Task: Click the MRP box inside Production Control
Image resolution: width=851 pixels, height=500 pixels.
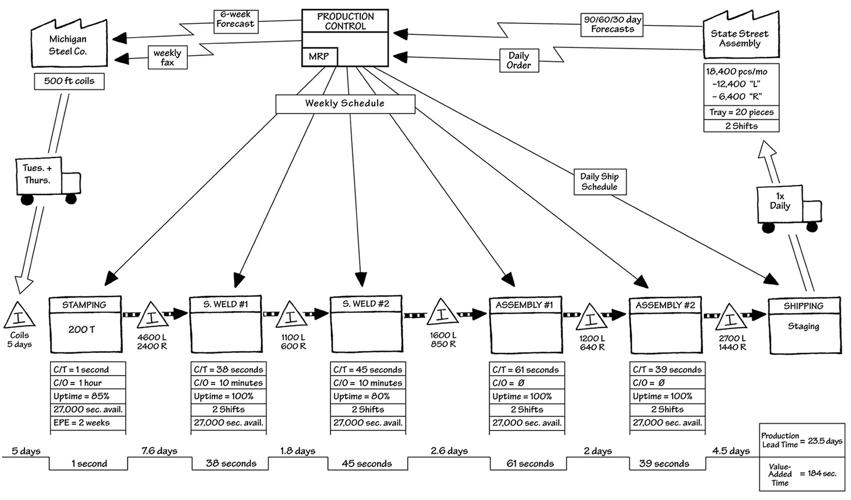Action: [319, 56]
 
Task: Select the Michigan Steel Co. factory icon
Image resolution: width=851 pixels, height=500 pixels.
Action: [68, 45]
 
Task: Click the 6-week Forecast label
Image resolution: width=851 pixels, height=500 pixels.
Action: [235, 19]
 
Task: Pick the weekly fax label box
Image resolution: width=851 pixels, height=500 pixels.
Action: [167, 57]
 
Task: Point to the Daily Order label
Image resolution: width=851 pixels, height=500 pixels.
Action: [519, 60]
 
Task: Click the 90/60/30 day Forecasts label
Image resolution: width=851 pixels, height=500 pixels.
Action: [612, 24]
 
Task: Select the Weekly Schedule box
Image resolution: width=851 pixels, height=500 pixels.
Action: [345, 103]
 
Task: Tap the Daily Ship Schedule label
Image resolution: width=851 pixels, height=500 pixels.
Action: [599, 182]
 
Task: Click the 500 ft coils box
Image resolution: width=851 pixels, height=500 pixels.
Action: [69, 81]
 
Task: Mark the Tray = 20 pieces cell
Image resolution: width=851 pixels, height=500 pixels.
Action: [741, 112]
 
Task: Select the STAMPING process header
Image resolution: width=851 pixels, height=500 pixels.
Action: [84, 304]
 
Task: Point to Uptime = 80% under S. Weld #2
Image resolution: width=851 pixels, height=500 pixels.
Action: [367, 396]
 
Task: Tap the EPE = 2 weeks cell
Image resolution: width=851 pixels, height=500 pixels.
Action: [88, 423]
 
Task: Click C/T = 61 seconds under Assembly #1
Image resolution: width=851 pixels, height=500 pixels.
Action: [526, 370]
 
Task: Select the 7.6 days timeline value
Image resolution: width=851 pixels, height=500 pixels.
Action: [159, 451]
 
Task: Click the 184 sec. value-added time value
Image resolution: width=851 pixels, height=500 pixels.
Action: [818, 473]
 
